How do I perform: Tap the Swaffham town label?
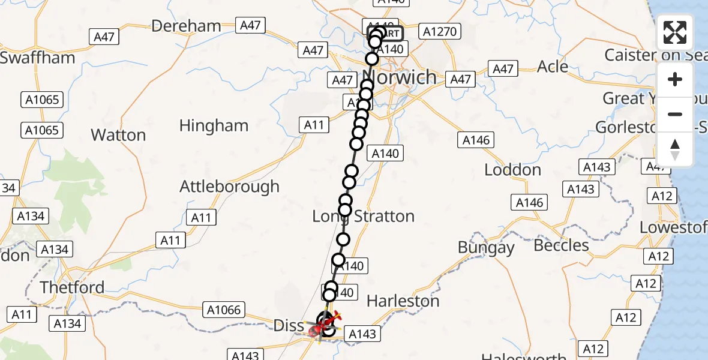click(38, 58)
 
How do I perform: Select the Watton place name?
click(118, 135)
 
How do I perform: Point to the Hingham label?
click(214, 125)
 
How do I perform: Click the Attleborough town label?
click(230, 187)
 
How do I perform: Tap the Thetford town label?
click(72, 287)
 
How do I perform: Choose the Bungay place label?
click(486, 247)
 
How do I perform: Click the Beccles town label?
click(561, 245)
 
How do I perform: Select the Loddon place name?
click(512, 170)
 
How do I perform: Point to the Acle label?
click(552, 67)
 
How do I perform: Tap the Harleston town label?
click(403, 301)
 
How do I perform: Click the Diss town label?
click(289, 326)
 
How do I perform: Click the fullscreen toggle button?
click(675, 32)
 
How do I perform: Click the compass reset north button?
click(675, 149)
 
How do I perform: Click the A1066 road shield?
click(224, 310)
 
